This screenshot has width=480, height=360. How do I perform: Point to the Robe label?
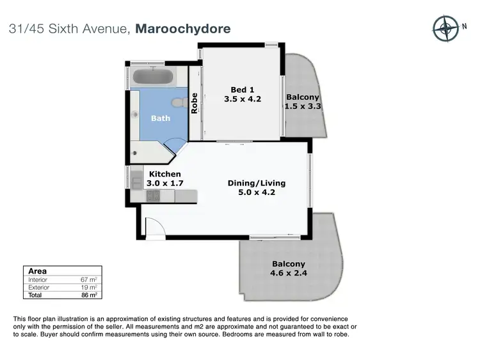(195, 104)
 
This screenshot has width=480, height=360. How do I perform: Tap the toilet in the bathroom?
(179, 101)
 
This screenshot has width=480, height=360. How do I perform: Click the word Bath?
(160, 118)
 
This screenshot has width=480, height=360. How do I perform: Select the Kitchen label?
(165, 174)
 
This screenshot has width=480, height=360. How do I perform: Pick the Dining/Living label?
(257, 183)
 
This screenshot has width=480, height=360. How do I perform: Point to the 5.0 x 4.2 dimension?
(257, 192)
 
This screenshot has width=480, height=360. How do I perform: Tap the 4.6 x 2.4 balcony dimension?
(288, 274)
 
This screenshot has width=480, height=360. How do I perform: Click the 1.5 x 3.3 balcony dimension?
(303, 107)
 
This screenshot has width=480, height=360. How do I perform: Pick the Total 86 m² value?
(89, 295)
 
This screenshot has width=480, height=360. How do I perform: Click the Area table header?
(38, 271)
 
